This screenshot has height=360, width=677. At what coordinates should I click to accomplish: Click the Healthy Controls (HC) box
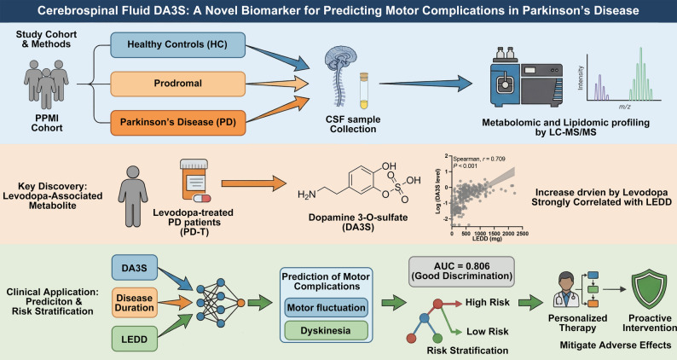(x=178, y=44)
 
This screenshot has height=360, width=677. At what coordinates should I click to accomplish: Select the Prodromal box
(x=178, y=84)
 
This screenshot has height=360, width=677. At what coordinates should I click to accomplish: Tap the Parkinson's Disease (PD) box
(x=178, y=122)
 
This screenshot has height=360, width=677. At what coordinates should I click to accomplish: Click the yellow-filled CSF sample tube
(x=364, y=90)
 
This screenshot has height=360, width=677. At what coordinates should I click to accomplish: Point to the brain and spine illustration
(x=340, y=77)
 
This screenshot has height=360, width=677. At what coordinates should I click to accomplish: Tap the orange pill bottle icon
(x=194, y=180)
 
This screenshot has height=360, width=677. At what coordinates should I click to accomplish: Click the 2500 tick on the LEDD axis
(x=522, y=234)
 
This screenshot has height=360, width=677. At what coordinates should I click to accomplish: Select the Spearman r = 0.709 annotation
(x=479, y=159)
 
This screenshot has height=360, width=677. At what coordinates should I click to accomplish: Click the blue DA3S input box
(x=134, y=268)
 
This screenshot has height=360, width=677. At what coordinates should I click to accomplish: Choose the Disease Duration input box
(x=134, y=303)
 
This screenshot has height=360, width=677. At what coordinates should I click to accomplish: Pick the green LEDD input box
(x=134, y=339)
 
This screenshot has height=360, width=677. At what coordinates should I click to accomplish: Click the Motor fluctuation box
(x=327, y=308)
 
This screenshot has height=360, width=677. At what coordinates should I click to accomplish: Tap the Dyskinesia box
(x=327, y=331)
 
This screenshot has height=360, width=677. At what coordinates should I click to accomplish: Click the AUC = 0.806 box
(x=461, y=271)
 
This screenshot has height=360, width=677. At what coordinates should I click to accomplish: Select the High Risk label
(x=488, y=303)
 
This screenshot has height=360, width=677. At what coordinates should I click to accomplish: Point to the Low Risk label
(x=488, y=332)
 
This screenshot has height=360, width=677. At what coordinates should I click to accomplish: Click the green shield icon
(x=650, y=288)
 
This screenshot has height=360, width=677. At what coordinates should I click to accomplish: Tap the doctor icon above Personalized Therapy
(x=566, y=289)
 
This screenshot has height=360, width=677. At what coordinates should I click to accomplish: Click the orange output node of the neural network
(x=241, y=303)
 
